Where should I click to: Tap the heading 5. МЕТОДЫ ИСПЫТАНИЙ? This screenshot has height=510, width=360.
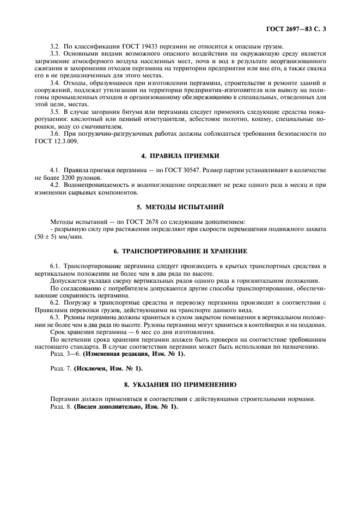180,207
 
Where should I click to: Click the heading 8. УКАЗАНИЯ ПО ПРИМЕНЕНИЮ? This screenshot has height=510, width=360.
180,384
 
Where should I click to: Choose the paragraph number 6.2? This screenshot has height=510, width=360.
55,301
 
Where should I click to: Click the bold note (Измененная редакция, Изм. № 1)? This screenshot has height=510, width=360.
133,354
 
